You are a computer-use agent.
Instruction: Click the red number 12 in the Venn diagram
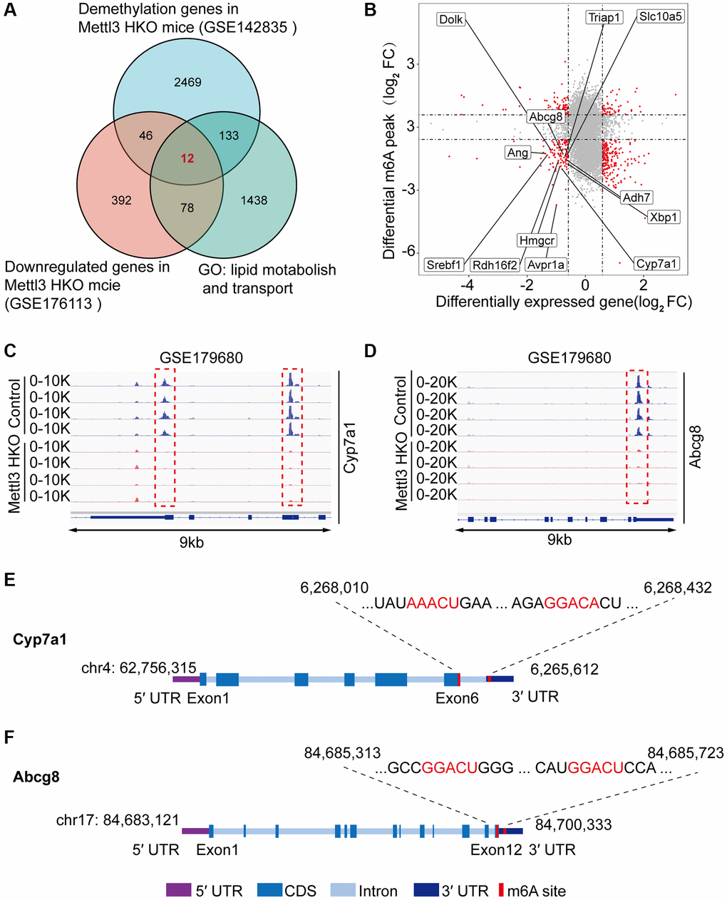point(187,158)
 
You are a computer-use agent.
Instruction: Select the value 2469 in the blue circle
point(187,82)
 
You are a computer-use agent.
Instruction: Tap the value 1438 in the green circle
point(254,200)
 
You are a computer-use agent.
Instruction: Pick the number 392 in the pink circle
point(121,200)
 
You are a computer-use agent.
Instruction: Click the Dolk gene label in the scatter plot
point(450,20)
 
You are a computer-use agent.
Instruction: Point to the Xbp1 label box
point(663,217)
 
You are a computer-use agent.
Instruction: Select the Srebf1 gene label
point(444,265)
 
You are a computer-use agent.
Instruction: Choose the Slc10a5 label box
point(660,16)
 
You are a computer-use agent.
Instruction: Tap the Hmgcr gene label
point(537,241)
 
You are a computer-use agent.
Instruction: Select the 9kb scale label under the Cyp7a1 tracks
point(191,543)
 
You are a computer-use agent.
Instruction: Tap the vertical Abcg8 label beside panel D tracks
point(696,446)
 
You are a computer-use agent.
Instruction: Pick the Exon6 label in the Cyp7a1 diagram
point(457,698)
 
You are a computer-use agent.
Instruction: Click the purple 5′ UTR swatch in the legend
point(178,890)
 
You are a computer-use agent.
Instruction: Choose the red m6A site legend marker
point(500,890)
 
